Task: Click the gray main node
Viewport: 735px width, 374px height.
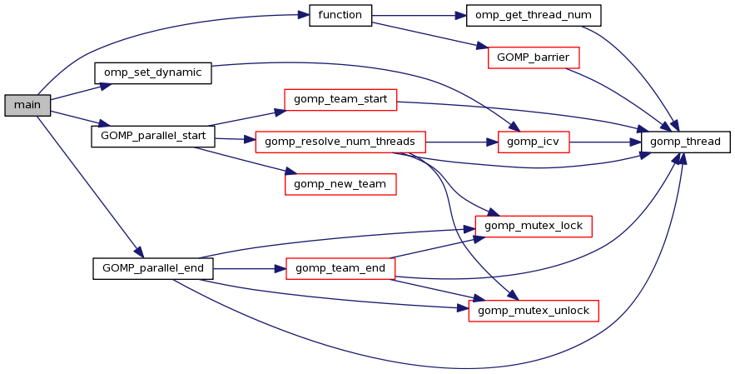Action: coord(27,105)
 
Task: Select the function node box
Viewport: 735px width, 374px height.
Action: coord(340,16)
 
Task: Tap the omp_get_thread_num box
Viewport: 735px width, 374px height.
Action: coord(533,16)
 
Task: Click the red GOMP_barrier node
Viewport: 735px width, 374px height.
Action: coord(533,57)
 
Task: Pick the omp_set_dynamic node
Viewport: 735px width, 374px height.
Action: coord(152,72)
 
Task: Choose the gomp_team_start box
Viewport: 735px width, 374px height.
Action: coord(340,100)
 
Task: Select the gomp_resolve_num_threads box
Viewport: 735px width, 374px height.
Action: coord(340,142)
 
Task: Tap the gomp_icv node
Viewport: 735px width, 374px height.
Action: coord(533,142)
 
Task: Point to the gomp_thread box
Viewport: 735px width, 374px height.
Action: coord(686,142)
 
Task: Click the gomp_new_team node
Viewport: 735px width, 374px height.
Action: coord(340,183)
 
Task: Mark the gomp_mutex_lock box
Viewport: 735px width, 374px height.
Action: coord(533,226)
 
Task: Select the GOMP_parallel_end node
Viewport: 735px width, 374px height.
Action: coord(153,268)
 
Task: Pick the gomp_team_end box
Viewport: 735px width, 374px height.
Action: coord(340,268)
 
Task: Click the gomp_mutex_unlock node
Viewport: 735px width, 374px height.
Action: coord(533,311)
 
